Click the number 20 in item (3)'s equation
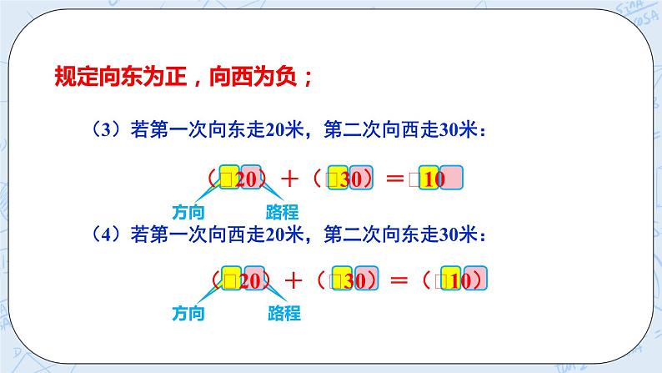pyautogui.click(x=249, y=178)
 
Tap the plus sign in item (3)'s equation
pyautogui.click(x=291, y=178)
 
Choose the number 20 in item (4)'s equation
pyautogui.click(x=249, y=280)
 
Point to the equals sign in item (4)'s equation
pyautogui.click(x=401, y=280)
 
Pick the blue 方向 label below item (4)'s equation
pyautogui.click(x=188, y=314)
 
